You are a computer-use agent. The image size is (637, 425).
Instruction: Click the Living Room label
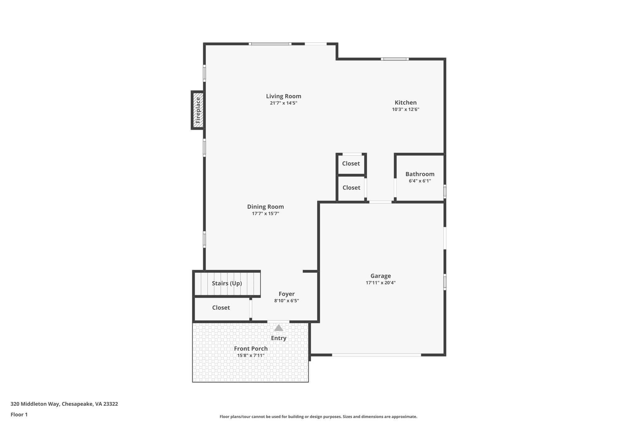(283, 96)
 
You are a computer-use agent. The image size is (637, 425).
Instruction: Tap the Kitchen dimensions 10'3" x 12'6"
(406, 109)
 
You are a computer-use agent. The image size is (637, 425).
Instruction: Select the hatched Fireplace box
(198, 110)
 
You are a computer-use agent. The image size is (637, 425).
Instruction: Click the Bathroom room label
(420, 174)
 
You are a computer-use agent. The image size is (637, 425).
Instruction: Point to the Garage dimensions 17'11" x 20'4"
(380, 283)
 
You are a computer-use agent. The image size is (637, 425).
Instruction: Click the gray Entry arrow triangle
(278, 328)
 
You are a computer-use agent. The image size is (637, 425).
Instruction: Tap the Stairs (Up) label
(227, 283)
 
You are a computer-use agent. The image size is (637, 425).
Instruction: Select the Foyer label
(286, 294)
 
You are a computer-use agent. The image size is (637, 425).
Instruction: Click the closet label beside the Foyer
(221, 308)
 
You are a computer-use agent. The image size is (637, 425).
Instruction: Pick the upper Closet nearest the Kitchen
(351, 163)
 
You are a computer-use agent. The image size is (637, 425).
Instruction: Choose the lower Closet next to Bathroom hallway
(351, 187)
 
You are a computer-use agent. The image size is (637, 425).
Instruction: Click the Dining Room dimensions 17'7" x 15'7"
(265, 214)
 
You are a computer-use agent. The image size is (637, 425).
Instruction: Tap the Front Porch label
(251, 348)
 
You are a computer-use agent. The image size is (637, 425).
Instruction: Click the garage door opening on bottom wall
(376, 355)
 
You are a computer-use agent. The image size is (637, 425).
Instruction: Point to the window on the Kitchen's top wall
(395, 59)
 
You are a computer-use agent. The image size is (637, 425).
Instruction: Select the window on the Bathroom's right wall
(445, 191)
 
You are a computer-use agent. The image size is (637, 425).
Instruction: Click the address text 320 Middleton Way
(64, 404)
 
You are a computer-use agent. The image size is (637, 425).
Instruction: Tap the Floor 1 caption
(19, 414)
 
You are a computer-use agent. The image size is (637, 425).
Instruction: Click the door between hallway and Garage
(380, 202)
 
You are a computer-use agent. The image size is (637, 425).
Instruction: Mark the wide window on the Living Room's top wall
(270, 44)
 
